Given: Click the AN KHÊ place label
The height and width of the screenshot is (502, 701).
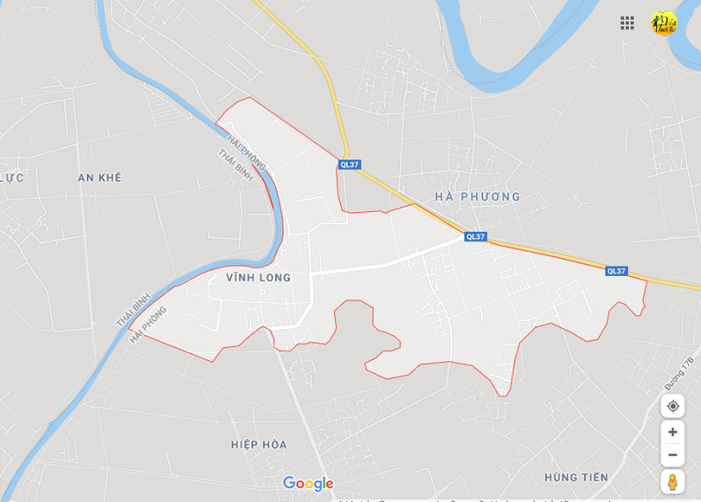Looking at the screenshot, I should [x=100, y=177].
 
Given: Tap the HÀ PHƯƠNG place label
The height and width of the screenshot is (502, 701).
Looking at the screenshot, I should [x=479, y=196].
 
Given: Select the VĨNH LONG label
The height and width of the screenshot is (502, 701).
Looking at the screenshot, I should [x=258, y=278].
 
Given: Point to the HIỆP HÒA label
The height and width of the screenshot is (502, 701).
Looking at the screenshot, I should [x=259, y=444].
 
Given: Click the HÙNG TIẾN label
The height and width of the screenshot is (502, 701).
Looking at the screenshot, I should [x=576, y=477].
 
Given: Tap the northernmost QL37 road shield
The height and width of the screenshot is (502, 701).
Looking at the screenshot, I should [x=350, y=164].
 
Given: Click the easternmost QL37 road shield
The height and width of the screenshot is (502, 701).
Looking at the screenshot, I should [x=616, y=271].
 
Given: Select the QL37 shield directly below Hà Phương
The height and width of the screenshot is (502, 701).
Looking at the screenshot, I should [x=475, y=236].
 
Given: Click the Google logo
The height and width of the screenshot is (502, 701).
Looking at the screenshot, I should [x=308, y=483].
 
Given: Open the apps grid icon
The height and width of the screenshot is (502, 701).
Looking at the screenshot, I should [x=627, y=23].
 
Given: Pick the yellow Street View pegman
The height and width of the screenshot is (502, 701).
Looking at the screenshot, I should [x=672, y=482].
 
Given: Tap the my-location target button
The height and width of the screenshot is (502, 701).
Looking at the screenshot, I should [x=672, y=406].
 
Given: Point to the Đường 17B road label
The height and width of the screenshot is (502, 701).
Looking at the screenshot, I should [x=680, y=373].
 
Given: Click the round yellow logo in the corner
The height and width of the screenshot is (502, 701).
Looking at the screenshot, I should [x=664, y=23].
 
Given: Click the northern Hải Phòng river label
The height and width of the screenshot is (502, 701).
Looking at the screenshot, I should [x=247, y=153].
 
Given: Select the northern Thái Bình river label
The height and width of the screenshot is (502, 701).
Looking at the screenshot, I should [x=235, y=165].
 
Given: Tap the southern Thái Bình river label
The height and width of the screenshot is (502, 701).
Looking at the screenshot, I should [x=134, y=309].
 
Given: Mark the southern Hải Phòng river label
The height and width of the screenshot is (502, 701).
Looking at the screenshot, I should [x=148, y=325].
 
